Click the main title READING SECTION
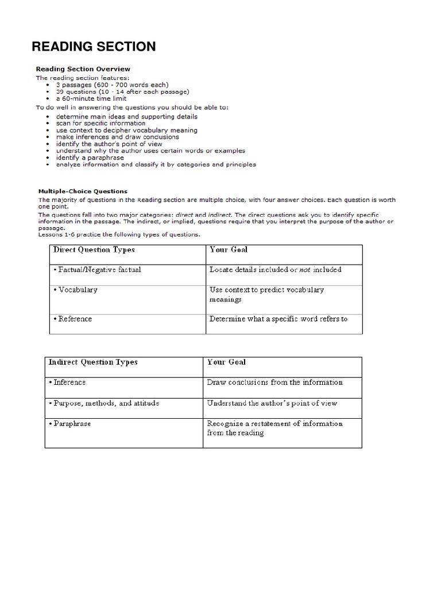[93, 46]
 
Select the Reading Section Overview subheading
[83, 69]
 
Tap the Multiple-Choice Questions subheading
[83, 191]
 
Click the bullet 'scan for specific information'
[100, 123]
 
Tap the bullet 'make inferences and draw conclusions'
[117, 137]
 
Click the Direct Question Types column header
[94, 250]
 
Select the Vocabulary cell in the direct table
[78, 290]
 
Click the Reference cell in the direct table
[75, 319]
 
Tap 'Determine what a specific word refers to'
[278, 319]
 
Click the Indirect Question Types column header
[93, 362]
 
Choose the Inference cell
[69, 382]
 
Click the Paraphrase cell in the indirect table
[71, 424]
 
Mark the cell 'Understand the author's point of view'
[272, 403]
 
